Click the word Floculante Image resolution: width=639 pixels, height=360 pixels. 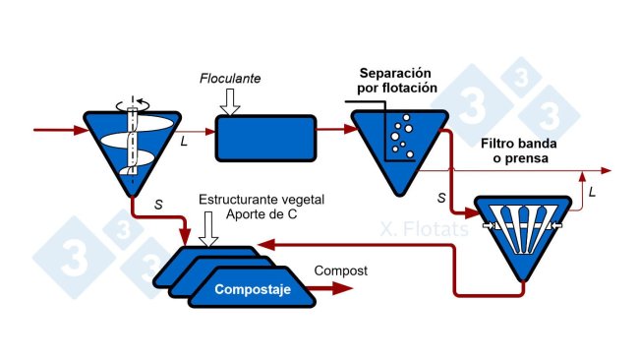(231, 79)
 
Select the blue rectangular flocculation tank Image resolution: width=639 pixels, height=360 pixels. (265, 137)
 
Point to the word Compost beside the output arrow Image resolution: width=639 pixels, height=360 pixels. (339, 270)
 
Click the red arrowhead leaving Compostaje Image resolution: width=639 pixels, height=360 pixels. (346, 288)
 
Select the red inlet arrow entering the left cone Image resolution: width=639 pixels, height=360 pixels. (59, 129)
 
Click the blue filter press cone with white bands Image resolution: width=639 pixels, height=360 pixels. (522, 230)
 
